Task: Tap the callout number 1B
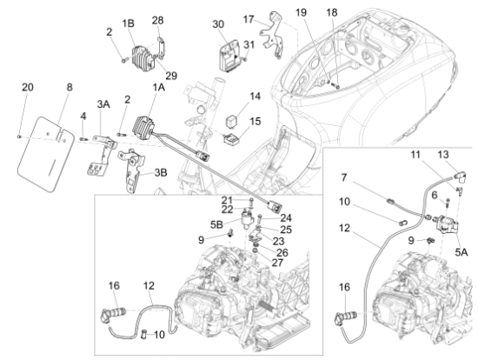[129, 23]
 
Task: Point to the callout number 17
[249, 18]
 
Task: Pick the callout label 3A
[103, 103]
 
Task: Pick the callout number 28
[157, 19]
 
